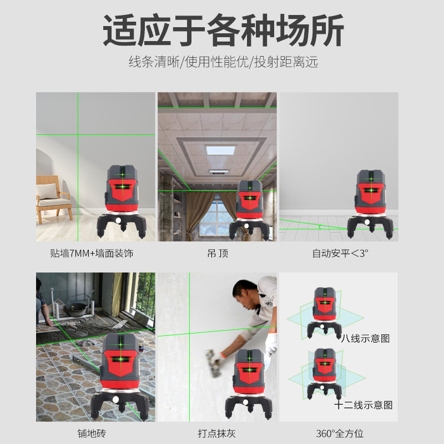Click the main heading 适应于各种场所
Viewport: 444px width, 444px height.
[223, 30]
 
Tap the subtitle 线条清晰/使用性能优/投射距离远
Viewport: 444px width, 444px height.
[223, 62]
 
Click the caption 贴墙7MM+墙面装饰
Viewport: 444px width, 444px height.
[92, 253]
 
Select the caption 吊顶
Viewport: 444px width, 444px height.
[218, 253]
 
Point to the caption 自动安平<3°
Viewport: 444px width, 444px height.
[340, 253]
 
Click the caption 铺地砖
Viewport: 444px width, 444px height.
[92, 433]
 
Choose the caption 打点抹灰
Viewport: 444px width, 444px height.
[217, 433]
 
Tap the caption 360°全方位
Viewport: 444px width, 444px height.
[340, 433]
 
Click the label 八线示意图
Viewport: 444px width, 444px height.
[365, 338]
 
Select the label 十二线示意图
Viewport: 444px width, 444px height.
[364, 405]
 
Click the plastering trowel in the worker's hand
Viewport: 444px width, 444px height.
[214, 364]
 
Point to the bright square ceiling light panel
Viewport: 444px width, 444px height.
[221, 150]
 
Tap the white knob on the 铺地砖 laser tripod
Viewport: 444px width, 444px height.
[115, 399]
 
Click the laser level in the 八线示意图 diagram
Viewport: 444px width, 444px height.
[325, 312]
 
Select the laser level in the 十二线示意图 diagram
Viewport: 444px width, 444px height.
[325, 374]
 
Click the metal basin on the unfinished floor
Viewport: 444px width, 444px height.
[77, 308]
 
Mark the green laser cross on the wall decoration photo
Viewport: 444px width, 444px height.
[78, 134]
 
